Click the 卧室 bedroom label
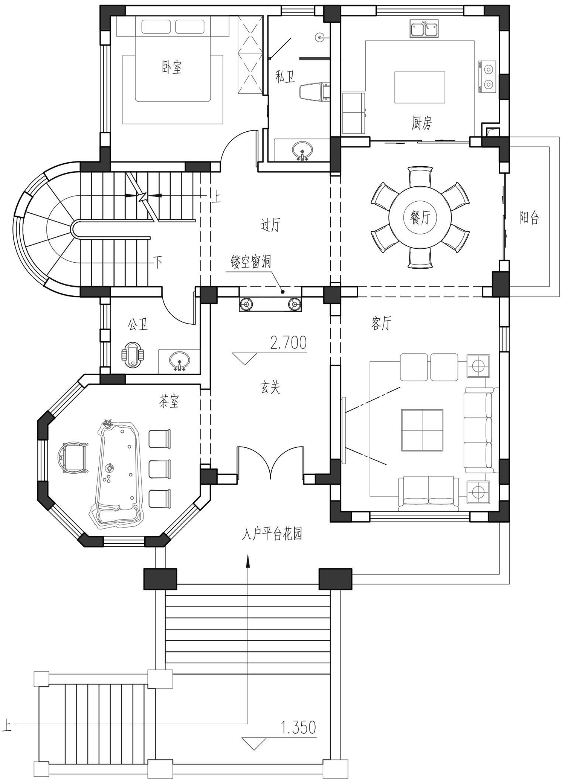pyautogui.click(x=172, y=67)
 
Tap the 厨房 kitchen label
pyautogui.click(x=421, y=123)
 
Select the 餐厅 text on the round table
pyautogui.click(x=420, y=217)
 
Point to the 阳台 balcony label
pyautogui.click(x=529, y=218)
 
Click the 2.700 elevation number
pyautogui.click(x=289, y=343)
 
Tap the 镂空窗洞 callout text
pyautogui.click(x=251, y=262)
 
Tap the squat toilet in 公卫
pyautogui.click(x=133, y=354)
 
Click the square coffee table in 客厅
pyautogui.click(x=422, y=430)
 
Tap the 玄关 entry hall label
pyautogui.click(x=270, y=388)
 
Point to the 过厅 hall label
pyautogui.click(x=270, y=225)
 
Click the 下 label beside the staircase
pyautogui.click(x=158, y=262)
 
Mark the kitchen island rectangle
pyautogui.click(x=420, y=87)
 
